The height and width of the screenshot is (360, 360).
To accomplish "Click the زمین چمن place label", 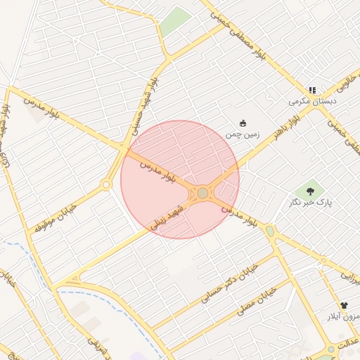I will click(243, 134).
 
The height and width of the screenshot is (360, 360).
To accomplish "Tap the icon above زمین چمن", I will click(243, 123).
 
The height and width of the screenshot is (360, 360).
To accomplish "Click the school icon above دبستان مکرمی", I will click(312, 90).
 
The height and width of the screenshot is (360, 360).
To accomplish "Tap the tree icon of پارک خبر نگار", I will click(310, 190).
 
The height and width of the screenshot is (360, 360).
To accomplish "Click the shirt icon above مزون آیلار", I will click(344, 306).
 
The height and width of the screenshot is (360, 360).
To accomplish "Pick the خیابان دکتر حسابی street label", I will click(230, 283).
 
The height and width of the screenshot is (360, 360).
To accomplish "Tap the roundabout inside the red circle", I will click(202, 193).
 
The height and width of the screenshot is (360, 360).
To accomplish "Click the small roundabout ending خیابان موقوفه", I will click(106, 185).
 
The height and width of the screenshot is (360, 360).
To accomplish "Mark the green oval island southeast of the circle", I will click(270, 231).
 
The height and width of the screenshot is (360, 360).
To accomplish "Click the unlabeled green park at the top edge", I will click(174, 21).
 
